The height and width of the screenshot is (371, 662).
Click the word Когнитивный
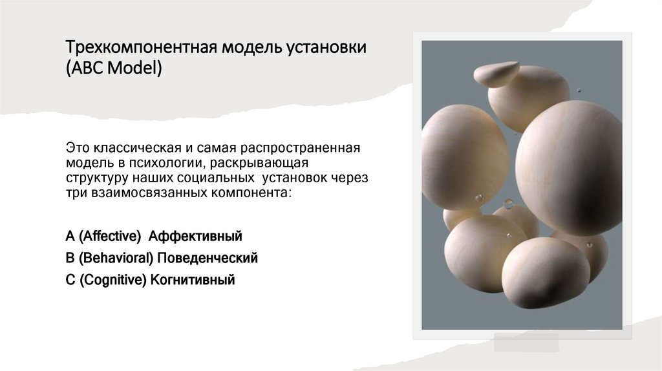(192, 281)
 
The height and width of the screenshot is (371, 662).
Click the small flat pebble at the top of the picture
(496, 74)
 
